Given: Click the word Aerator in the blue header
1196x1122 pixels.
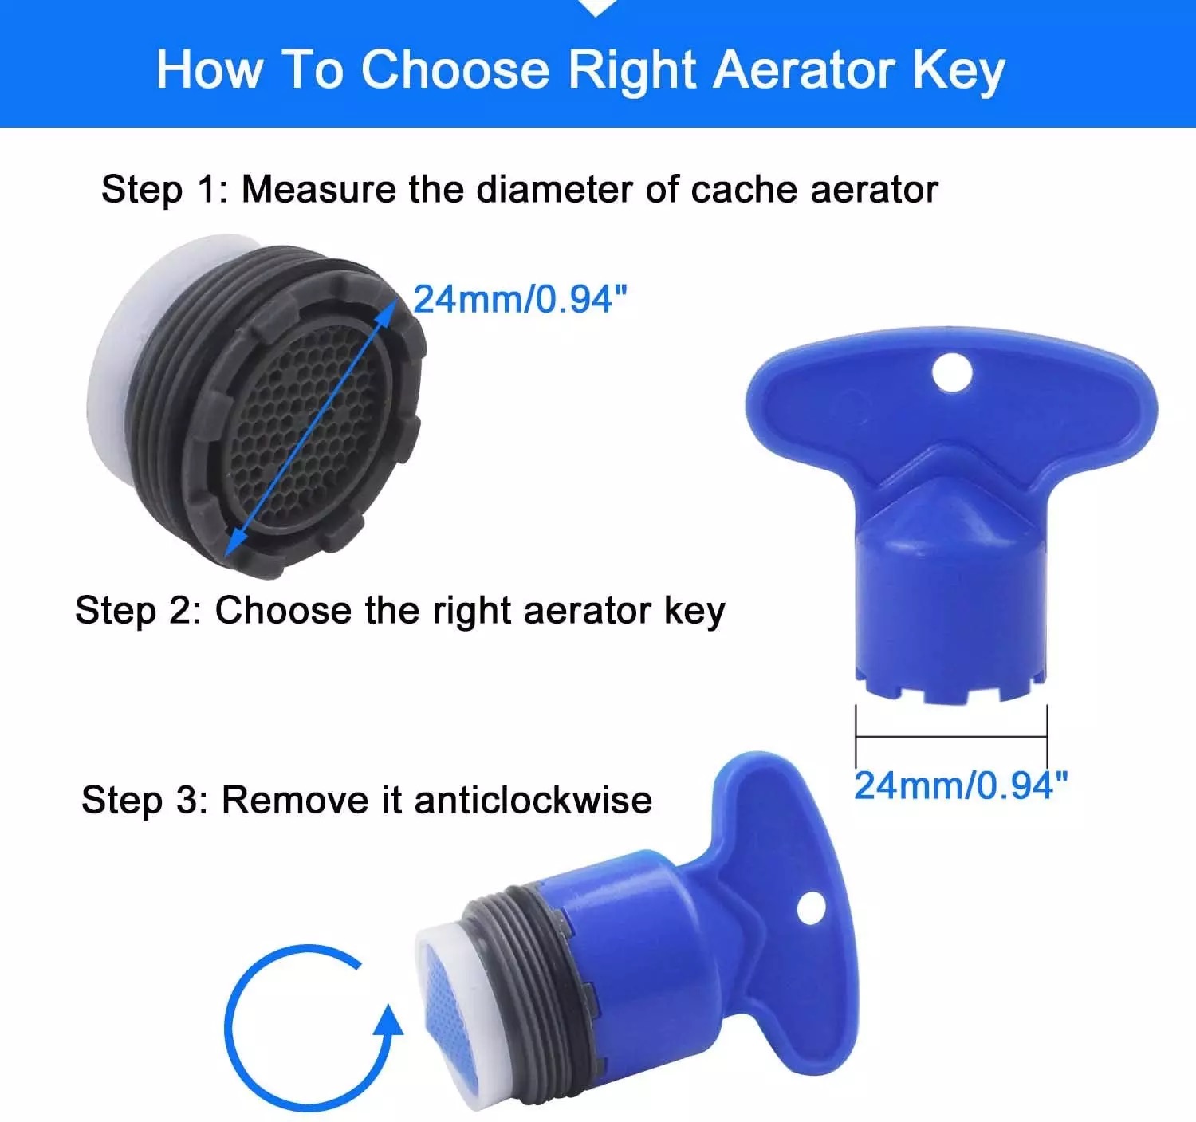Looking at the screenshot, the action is [x=806, y=70].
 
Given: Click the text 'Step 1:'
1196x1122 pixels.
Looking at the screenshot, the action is [x=164, y=190].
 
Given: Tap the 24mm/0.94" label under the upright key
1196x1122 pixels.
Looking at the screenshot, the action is [x=961, y=785].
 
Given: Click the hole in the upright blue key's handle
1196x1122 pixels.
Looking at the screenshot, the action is [x=952, y=373].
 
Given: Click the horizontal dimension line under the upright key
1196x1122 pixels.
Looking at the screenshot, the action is [x=951, y=736].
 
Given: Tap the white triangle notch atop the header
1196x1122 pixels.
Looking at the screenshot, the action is [x=595, y=7].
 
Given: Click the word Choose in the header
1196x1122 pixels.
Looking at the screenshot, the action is [x=455, y=70].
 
